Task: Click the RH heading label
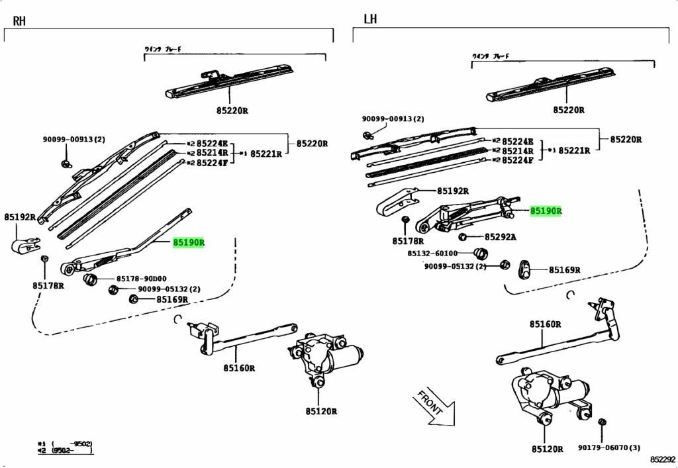click(x=19, y=21)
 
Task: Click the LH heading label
click(x=370, y=19)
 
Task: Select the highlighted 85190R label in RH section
click(x=189, y=243)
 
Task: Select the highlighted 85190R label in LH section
click(x=546, y=211)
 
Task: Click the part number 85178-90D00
click(x=142, y=279)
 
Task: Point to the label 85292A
click(x=501, y=237)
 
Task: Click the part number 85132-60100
click(x=432, y=253)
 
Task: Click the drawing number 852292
click(x=662, y=459)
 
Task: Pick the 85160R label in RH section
click(x=239, y=368)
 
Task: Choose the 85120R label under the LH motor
click(x=547, y=449)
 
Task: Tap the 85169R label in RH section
click(x=172, y=300)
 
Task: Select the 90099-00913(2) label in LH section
click(x=392, y=119)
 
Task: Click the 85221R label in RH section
click(x=266, y=154)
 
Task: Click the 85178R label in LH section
click(x=409, y=241)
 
